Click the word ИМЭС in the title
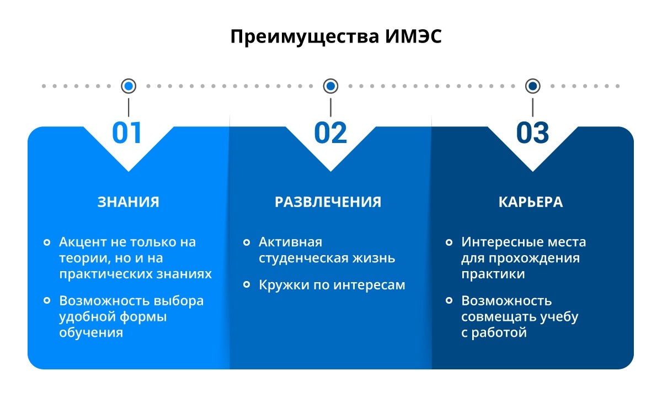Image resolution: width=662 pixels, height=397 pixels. point(413,36)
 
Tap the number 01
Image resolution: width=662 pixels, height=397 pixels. point(127,133)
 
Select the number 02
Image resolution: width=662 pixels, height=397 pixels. point(330,133)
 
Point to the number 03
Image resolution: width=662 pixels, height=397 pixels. point(532,133)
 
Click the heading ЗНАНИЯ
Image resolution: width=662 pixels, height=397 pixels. point(128,202)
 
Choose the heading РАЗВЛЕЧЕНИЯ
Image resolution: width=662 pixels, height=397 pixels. point(328,202)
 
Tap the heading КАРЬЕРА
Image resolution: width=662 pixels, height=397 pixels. point(531,202)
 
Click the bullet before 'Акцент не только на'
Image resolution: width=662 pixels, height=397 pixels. point(47,242)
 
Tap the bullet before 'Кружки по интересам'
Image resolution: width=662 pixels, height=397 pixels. point(247,284)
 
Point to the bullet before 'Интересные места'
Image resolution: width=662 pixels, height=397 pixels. point(449,242)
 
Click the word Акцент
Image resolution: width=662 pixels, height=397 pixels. point(83,242)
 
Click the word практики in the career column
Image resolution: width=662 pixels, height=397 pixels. point(493,274)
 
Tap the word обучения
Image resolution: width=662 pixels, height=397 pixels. point(91,332)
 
